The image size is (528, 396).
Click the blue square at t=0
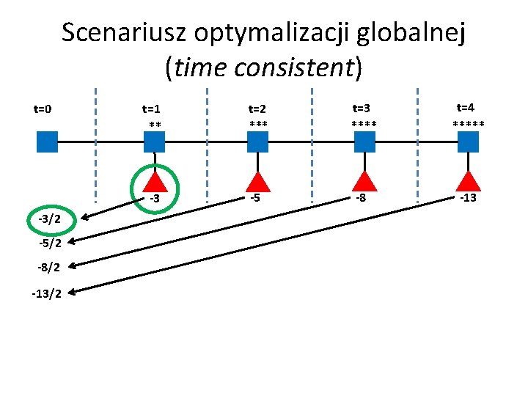(x=47, y=142)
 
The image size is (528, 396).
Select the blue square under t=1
(x=154, y=142)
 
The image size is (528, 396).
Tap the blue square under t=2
(x=257, y=142)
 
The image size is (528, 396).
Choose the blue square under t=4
(x=468, y=142)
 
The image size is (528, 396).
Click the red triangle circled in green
(x=155, y=183)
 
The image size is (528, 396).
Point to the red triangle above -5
(x=257, y=183)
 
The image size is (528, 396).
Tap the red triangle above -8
(x=364, y=183)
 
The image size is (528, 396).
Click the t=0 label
(x=43, y=109)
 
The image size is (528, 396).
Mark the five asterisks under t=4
(x=468, y=123)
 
